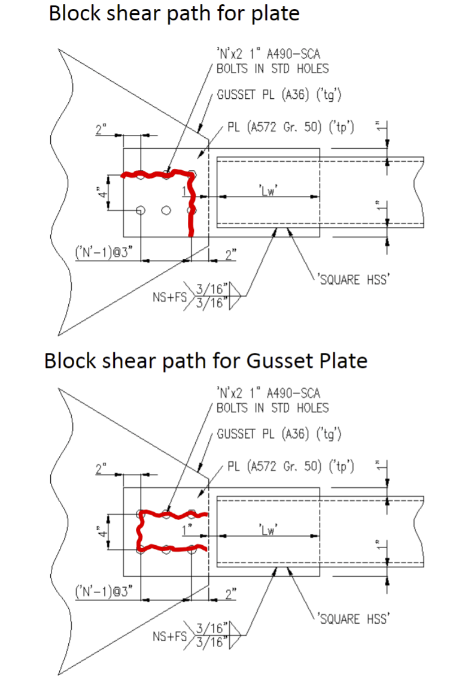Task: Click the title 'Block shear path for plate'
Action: point(174,13)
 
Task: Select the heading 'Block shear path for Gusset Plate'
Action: point(205,361)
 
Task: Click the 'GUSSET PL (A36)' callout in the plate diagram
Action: point(279,96)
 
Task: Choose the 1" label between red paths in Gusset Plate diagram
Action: point(187,529)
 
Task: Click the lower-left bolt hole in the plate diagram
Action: point(141,210)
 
